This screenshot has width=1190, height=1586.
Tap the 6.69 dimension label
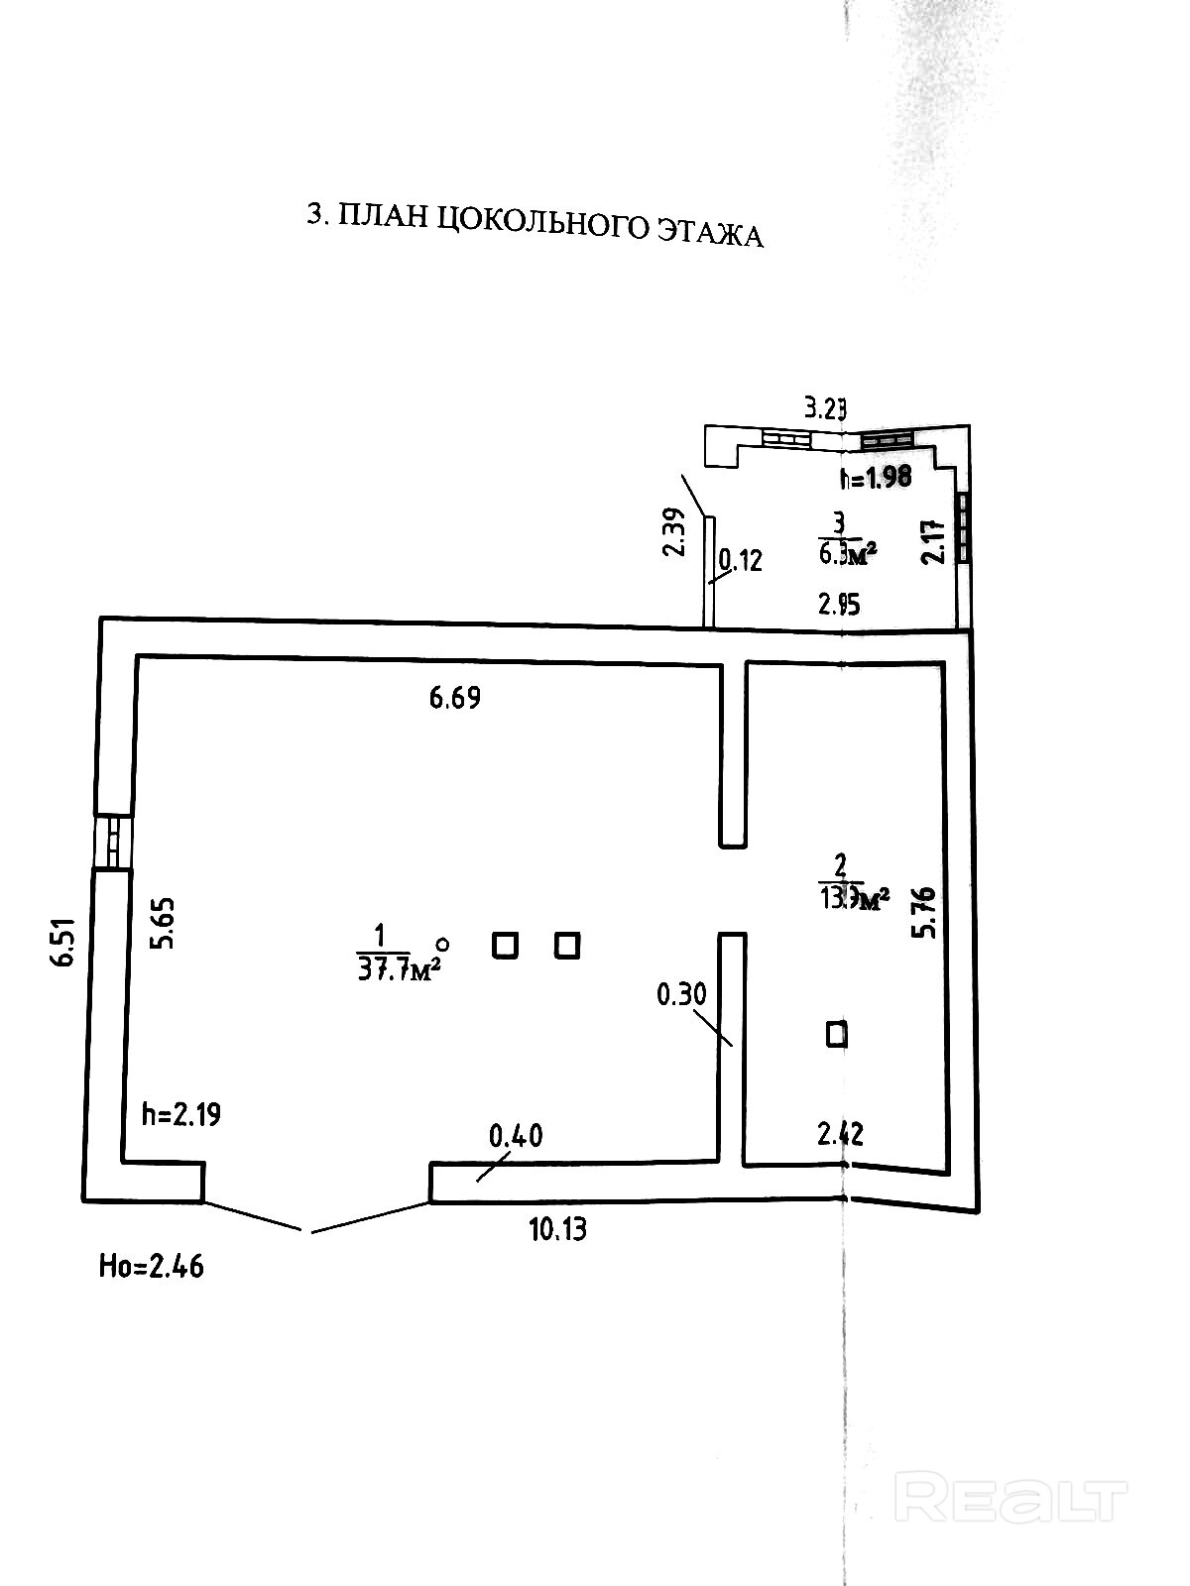[x=455, y=698]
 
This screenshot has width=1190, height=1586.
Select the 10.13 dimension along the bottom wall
[x=557, y=1230]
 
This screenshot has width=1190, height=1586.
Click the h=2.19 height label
[x=181, y=1114]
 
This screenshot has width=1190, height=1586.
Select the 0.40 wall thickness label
[x=517, y=1135]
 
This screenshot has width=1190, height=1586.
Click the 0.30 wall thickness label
[x=682, y=992]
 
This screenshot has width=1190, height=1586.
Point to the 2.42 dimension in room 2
[x=840, y=1133]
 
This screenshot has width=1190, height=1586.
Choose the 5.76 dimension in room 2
[x=926, y=913]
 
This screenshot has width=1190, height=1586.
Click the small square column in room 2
[x=837, y=1035]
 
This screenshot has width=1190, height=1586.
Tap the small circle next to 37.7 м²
[x=443, y=945]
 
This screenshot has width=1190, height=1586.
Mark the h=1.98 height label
[x=875, y=478]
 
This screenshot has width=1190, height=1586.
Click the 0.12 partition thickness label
[x=741, y=561]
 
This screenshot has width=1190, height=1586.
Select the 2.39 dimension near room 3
[x=674, y=532]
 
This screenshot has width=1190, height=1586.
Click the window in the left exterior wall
[x=112, y=842]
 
